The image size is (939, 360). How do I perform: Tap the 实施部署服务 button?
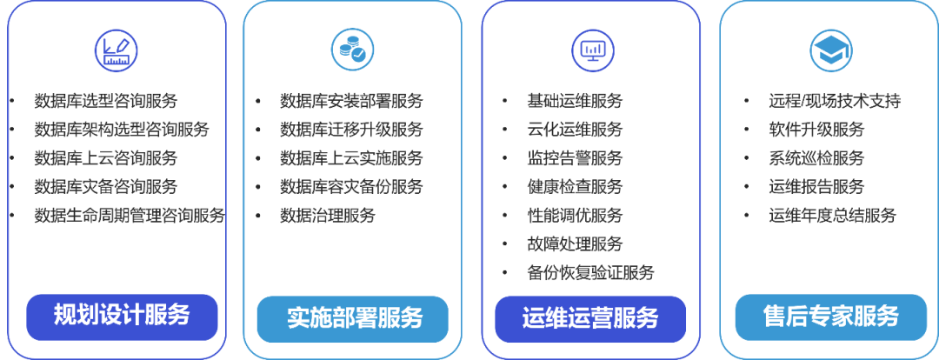pyautogui.click(x=354, y=318)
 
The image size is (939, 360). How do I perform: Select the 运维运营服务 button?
pyautogui.click(x=590, y=318)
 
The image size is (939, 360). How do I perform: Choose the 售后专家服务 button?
pyautogui.click(x=829, y=317)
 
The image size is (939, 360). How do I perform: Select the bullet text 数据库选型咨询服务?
pyautogui.click(x=105, y=101)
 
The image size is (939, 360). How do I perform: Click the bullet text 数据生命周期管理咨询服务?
pyautogui.click(x=129, y=215)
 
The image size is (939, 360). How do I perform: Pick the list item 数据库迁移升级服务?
pyautogui.click(x=350, y=130)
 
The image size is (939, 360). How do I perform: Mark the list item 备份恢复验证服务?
pyautogui.click(x=590, y=272)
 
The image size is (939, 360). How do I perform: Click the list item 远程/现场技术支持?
pyautogui.click(x=834, y=101)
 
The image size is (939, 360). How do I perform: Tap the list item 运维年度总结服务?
pyautogui.click(x=831, y=215)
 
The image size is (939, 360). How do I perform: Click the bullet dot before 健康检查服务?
pyautogui.click(x=504, y=187)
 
